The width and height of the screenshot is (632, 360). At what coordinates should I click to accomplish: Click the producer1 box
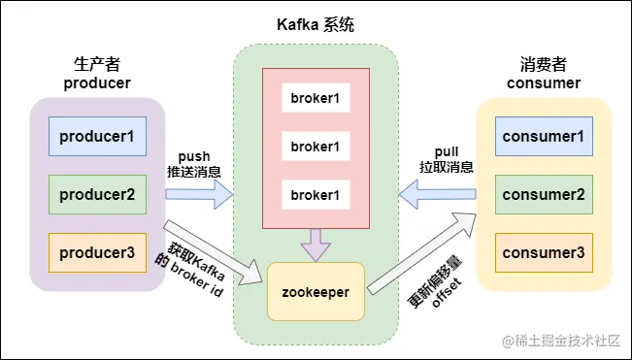point(97,137)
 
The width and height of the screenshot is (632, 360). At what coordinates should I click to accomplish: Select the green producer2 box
point(97,194)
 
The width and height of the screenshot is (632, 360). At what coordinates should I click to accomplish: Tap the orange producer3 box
point(97,252)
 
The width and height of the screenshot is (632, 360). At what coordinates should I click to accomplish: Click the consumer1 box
point(543,137)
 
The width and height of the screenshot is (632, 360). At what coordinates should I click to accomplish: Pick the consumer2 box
point(543,195)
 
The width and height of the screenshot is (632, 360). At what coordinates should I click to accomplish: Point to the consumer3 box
point(543,252)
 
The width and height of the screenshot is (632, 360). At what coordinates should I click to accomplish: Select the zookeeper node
point(316,290)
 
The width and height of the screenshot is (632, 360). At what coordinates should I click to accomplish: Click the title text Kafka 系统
point(316,23)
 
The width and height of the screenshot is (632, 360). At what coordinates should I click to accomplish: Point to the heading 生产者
point(96,65)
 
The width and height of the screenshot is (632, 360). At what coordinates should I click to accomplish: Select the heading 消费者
point(544,65)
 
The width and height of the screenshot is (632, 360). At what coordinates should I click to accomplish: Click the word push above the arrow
point(194,155)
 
